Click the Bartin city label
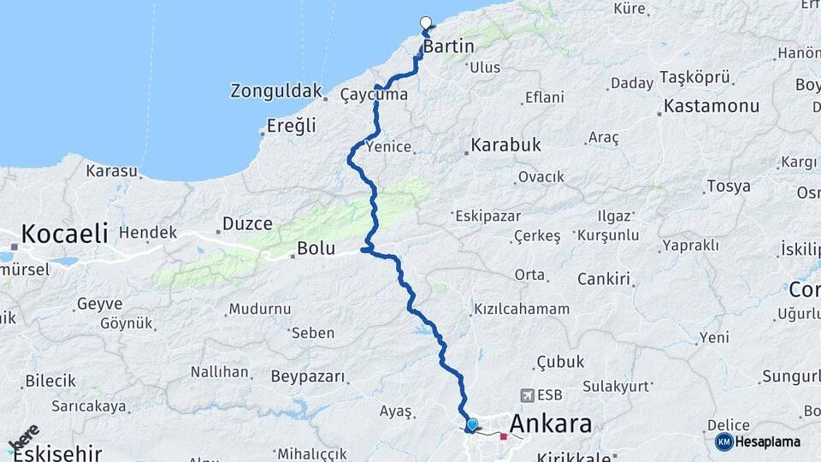pos(448,46)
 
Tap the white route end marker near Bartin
pos(426,23)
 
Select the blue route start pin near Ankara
pos(471,423)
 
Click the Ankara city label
pos(551,423)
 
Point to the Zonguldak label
pos(276,91)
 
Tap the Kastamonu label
pos(712,107)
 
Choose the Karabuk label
pos(505,145)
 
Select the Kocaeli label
pos(64,233)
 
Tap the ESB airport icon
pos(527,395)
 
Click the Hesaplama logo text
pos(768,441)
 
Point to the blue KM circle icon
pos(724,441)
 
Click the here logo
pos(23,438)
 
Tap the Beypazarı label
pos(308,376)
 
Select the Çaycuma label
pos(374,94)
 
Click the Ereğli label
pos(292,126)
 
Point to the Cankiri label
pos(603,279)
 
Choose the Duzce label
pos(247,224)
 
